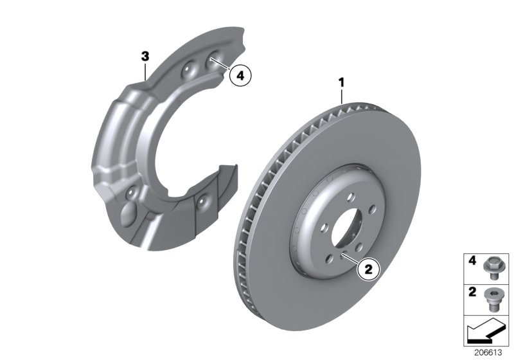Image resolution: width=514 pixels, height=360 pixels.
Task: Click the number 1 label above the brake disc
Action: click(342, 82)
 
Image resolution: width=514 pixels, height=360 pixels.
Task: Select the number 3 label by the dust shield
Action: click(146, 57)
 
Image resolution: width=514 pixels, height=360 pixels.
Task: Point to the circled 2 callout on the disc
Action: click(368, 271)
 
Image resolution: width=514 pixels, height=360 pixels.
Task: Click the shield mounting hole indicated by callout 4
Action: click(212, 61)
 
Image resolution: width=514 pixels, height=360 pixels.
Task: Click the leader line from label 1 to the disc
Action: click(342, 96)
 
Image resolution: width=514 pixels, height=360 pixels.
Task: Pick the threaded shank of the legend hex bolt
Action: click(493, 274)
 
